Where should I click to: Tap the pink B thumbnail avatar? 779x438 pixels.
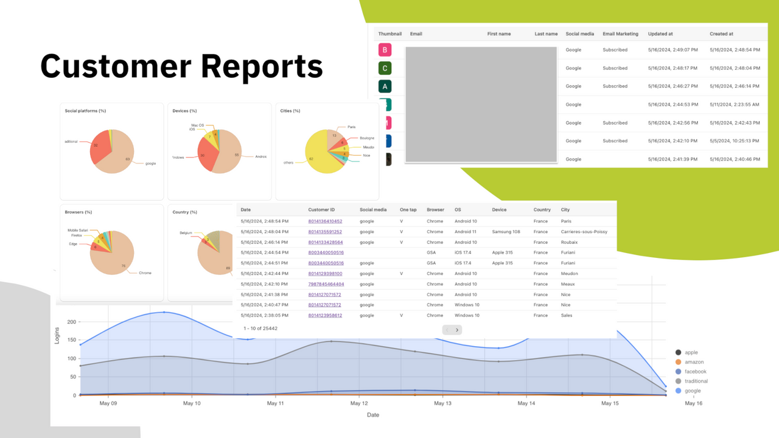coord(384,50)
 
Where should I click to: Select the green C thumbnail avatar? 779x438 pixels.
coord(384,68)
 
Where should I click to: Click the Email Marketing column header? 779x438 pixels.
coord(620,34)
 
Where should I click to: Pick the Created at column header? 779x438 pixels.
coord(721,34)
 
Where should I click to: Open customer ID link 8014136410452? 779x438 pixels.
coord(325,221)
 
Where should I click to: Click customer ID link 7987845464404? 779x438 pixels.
coord(326,284)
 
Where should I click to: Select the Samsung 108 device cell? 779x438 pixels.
coord(506,232)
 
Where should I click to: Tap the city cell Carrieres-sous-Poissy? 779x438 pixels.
coord(584,232)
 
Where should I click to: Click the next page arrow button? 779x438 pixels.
coord(457,330)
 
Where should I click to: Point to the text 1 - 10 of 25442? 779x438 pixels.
coord(260,328)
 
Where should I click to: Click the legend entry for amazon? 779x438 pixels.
coord(694,362)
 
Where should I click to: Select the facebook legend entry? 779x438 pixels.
coord(695,372)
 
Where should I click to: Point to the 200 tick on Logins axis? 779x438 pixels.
coord(71,322)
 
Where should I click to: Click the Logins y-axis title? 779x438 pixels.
coord(58,335)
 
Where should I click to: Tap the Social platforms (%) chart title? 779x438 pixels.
coord(85,111)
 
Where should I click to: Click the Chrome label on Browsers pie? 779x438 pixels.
coord(145,273)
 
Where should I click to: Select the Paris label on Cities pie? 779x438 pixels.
coord(351,127)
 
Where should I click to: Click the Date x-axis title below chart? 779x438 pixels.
coord(372,415)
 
